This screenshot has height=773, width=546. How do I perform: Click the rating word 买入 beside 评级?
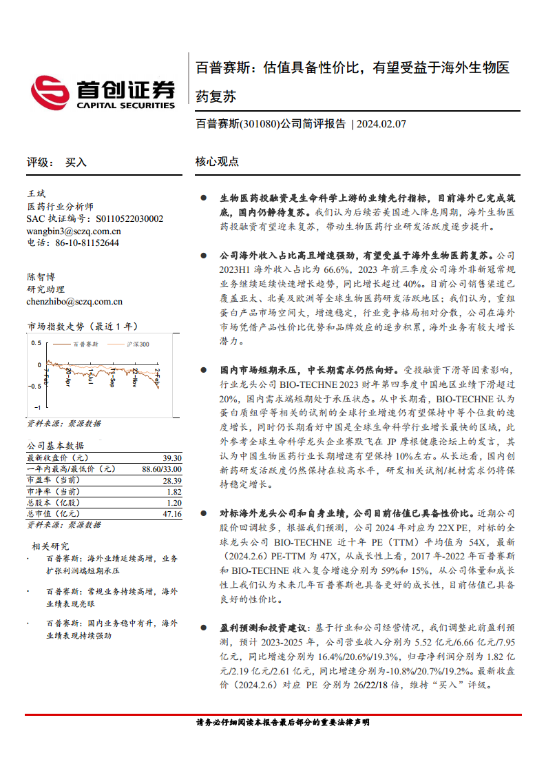[x=76, y=163]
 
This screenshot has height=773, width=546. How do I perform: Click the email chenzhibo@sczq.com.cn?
[x=74, y=300]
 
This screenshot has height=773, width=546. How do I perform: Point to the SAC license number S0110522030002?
[x=129, y=219]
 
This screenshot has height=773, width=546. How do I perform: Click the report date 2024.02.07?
[x=381, y=125]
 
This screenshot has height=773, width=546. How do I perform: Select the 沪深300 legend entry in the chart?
[x=138, y=343]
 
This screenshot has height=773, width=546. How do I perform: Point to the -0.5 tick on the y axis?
[x=34, y=386]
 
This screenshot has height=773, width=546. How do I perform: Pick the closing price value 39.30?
[x=172, y=458]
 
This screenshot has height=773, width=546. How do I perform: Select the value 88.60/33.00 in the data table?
[x=162, y=469]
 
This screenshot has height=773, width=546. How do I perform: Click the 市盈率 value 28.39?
[x=172, y=480]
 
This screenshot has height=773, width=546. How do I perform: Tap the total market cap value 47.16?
[x=172, y=514]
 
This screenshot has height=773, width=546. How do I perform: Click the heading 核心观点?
[x=217, y=163]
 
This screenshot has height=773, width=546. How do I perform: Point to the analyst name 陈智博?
[x=40, y=276]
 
